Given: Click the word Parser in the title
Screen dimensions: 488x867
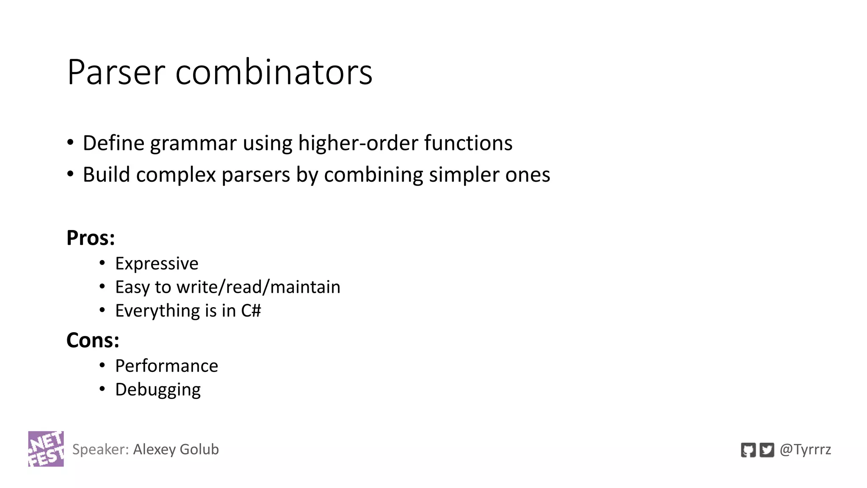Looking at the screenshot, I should point(116,72).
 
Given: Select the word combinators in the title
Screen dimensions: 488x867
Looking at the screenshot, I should point(274,72).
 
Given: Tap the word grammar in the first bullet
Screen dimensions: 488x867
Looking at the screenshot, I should point(193,143).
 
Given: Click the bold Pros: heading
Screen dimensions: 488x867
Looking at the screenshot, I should point(91,238).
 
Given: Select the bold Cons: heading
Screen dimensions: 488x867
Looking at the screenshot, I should point(93,340).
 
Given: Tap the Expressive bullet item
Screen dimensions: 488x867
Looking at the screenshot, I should point(157,263).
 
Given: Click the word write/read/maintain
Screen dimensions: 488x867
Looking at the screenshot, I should point(258,287).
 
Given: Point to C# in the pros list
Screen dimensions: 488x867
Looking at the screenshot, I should point(251,311).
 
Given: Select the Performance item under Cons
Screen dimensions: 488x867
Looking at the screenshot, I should point(166,366).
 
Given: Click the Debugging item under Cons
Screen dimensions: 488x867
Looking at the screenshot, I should point(158,390).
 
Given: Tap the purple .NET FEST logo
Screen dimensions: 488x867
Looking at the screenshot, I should point(46,449).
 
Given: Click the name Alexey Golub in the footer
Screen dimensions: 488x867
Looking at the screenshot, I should point(176,449).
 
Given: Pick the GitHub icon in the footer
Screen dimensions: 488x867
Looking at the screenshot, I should point(748,450).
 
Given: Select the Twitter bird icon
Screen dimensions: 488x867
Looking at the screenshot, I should point(767,450).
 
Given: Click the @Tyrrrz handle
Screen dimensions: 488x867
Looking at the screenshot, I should point(805,449).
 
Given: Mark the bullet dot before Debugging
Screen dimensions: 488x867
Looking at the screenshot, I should point(102,389).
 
